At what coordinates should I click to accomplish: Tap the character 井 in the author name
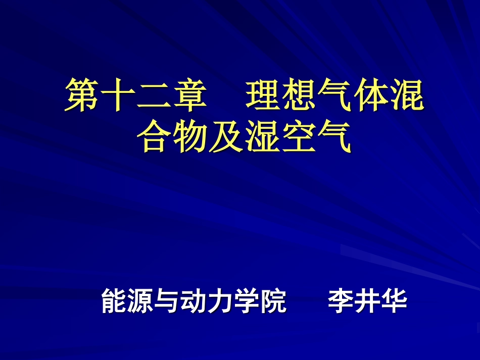tap(368, 301)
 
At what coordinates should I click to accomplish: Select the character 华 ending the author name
tap(394, 301)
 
